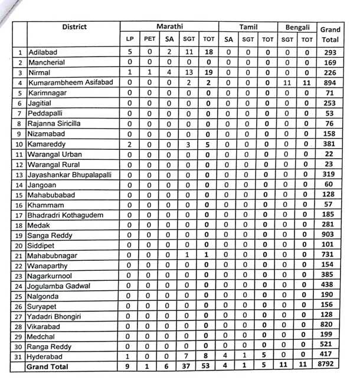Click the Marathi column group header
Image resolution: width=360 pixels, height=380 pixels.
pos(169,27)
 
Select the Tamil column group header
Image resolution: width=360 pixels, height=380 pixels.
pos(248,27)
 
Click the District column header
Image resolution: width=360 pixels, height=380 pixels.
pos(74,27)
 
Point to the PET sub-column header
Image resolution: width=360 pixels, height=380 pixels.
pos(150,40)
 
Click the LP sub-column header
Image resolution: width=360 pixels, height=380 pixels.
pos(130,40)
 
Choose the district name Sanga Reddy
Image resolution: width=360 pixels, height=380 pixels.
pos(49,235)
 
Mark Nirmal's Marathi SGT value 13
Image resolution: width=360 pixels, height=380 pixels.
pos(189,73)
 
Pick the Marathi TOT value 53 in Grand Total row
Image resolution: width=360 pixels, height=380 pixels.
pos(207,366)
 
